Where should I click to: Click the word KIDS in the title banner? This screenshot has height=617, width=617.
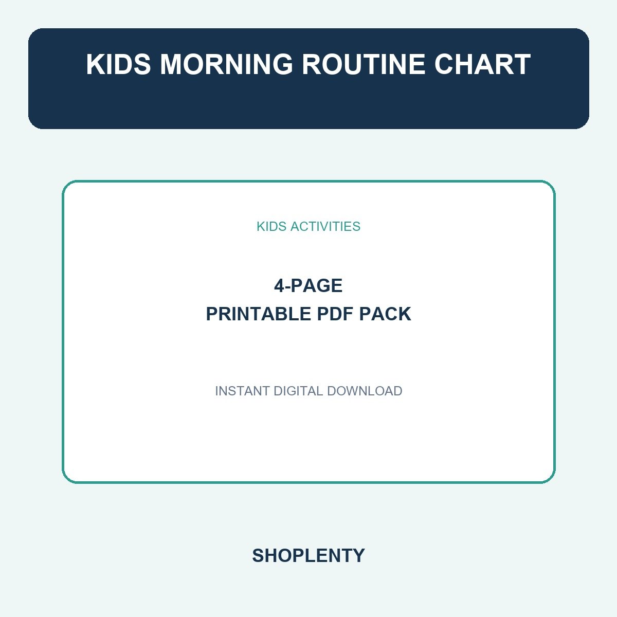point(118,64)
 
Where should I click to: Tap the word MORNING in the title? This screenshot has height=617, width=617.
point(226,64)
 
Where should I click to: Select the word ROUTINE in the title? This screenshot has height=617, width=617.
point(364,64)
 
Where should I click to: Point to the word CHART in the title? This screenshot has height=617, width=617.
point(482,64)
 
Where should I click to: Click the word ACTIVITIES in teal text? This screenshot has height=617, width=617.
point(325,226)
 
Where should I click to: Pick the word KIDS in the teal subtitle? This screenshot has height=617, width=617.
point(271,226)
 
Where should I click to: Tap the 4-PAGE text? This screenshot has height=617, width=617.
point(308,285)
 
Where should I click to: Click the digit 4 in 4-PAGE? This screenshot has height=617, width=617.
point(279,285)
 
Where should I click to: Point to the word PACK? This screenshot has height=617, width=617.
point(385,314)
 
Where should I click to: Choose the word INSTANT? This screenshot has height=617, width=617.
point(242,391)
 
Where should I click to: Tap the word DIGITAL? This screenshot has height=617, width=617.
point(298,391)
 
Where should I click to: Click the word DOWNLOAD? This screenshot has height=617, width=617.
point(365,391)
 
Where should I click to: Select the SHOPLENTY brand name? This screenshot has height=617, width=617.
point(308,555)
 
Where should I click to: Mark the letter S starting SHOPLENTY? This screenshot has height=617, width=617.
point(258,555)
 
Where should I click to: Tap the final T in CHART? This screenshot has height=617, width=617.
point(522,64)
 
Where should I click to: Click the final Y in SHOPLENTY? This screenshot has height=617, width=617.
point(358,555)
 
